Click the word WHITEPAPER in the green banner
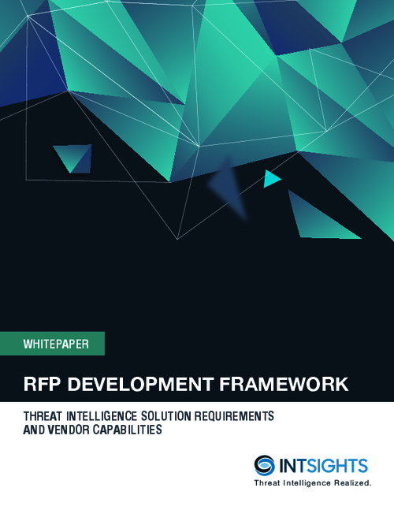coord(56,344)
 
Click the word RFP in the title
coord(42,384)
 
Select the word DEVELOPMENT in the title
coord(140,384)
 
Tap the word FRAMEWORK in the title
coord(284,384)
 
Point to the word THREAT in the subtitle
coord(43,416)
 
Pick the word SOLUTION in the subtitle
coord(165,416)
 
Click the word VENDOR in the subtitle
coord(69,430)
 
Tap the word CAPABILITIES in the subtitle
coord(128,430)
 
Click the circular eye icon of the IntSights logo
coord(264,465)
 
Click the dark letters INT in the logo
coord(293,466)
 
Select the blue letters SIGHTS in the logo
coord(337,466)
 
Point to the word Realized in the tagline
coord(353,483)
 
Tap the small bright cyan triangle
coord(271,179)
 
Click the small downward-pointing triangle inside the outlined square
coord(72,158)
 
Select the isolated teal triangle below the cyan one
coord(317,218)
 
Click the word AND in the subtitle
coord(34,430)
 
